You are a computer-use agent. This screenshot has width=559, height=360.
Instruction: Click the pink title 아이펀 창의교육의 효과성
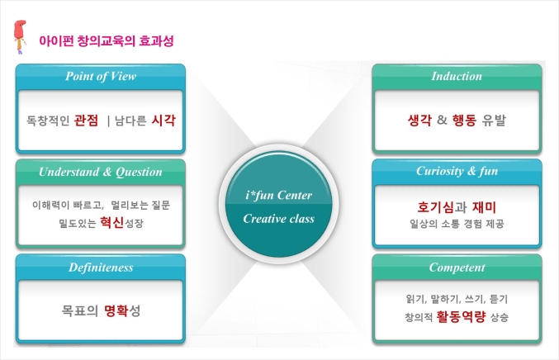(107, 41)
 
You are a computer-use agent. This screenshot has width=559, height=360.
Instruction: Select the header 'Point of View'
(101, 76)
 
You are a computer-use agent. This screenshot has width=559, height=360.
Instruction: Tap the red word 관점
(86, 121)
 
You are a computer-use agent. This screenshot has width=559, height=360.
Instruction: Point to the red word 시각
(163, 121)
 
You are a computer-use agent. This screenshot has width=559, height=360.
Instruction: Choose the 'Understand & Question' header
(101, 172)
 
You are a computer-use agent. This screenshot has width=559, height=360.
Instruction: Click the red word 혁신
(112, 222)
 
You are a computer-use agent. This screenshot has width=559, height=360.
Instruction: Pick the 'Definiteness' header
(101, 268)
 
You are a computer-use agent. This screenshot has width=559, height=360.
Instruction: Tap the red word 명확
(116, 310)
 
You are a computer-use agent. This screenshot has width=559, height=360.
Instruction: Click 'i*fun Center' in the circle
(279, 196)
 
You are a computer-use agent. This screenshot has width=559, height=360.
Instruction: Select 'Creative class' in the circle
(279, 219)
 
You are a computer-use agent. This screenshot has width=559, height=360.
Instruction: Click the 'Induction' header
(457, 76)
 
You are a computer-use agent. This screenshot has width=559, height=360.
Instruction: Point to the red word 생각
(419, 120)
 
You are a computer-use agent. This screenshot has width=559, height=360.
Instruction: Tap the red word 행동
(464, 120)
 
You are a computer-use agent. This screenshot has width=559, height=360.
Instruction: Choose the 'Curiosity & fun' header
(457, 171)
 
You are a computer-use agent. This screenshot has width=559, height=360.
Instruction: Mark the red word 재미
(484, 207)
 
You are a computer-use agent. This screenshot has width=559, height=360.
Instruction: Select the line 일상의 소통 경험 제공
(457, 224)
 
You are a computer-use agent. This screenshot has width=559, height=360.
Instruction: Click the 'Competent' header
(457, 268)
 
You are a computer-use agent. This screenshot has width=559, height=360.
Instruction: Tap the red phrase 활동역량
(461, 316)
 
